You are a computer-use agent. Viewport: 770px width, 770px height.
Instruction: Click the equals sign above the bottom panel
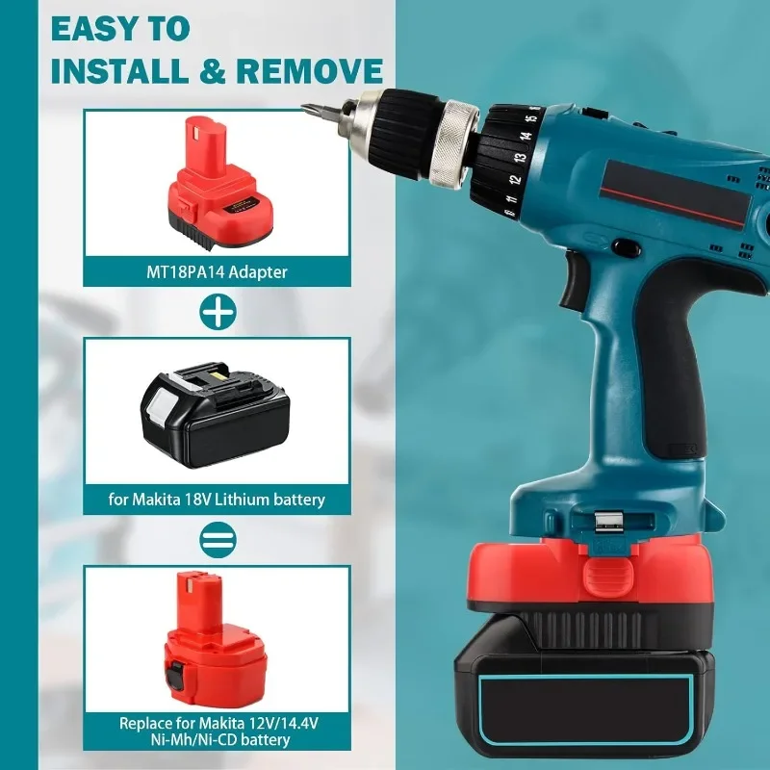(216, 539)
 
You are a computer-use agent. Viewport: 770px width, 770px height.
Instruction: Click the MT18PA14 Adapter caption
(217, 271)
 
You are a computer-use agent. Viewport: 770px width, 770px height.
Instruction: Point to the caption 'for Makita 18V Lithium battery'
(217, 500)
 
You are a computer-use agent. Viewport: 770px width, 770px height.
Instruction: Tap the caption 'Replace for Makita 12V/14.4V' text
(217, 723)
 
